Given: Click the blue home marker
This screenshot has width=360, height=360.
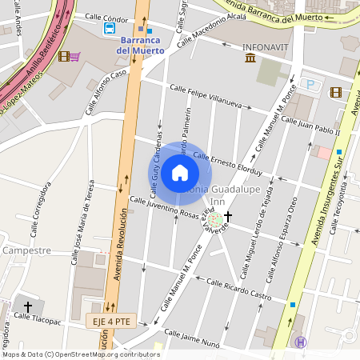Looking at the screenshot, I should (x=180, y=172).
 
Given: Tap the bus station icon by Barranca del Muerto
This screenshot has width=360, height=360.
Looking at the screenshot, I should (x=110, y=29).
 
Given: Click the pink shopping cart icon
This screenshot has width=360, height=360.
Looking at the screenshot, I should (x=74, y=56).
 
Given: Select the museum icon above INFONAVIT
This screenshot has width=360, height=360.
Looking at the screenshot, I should (x=250, y=58).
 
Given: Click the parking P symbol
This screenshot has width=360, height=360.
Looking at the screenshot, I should (x=311, y=84).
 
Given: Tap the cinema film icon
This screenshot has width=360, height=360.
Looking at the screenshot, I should (x=336, y=93).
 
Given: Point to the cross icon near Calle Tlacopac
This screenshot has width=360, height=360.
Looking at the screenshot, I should (x=28, y=306).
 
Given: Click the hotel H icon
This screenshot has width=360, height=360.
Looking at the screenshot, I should (x=301, y=342).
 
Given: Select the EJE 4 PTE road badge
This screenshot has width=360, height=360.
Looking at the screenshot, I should (x=108, y=321).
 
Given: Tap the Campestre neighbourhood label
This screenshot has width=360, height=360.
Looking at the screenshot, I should (x=26, y=250).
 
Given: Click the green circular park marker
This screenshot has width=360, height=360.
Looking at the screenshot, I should (x=215, y=218).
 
